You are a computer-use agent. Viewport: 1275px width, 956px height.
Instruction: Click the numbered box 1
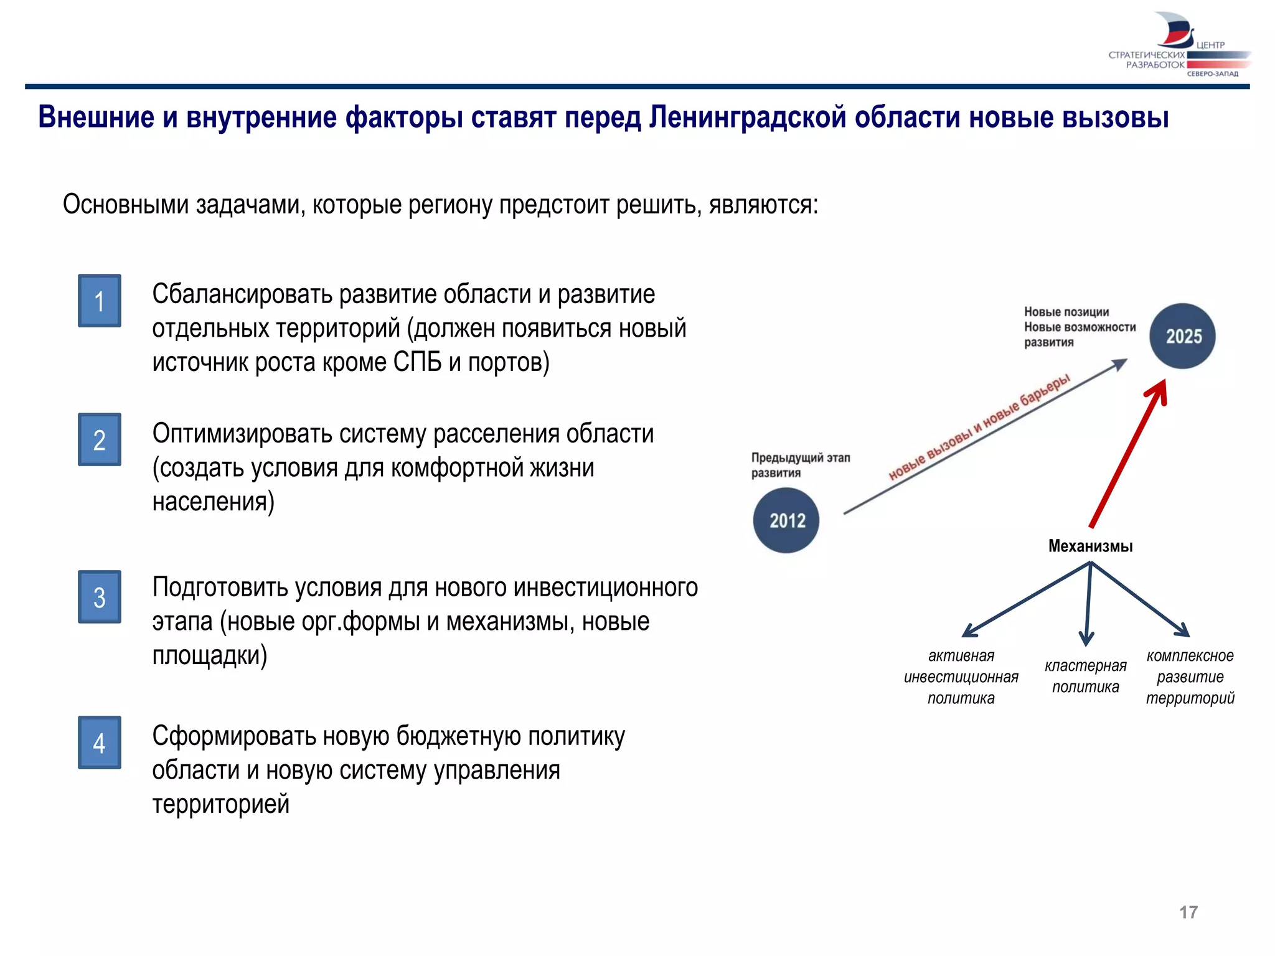[99, 301]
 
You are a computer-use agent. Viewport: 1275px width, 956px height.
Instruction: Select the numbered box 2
[99, 439]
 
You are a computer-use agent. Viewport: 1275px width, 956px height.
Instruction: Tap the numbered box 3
[99, 597]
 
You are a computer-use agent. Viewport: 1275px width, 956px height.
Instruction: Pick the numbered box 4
[99, 743]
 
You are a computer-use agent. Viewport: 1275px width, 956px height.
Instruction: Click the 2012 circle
[786, 520]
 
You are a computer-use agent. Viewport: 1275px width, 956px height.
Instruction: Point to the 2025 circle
[1182, 336]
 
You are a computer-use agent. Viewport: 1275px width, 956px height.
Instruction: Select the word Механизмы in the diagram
[1090, 546]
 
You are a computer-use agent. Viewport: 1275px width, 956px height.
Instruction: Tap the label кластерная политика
[1086, 677]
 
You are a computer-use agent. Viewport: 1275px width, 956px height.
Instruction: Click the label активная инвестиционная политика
[961, 677]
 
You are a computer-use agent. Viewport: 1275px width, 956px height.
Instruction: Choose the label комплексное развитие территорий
[1190, 677]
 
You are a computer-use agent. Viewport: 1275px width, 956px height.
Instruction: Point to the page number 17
[1188, 912]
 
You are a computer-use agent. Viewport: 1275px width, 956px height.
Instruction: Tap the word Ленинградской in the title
[748, 117]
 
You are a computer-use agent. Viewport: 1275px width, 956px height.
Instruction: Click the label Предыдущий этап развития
[800, 465]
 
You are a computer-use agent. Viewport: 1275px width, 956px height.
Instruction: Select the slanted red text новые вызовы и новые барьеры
[979, 427]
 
